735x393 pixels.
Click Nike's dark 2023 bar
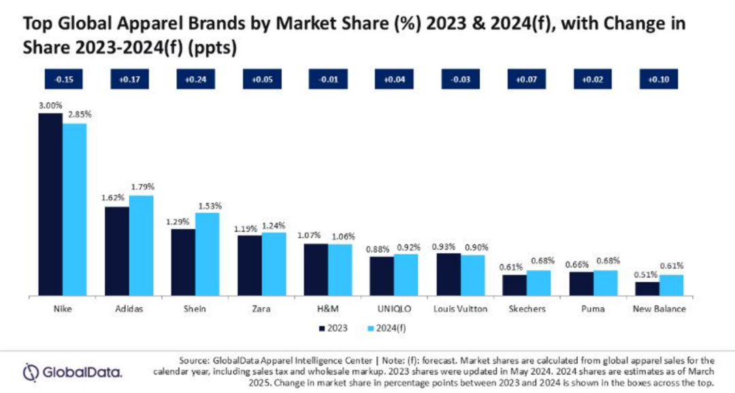[50, 204]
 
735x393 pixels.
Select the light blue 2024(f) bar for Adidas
[142, 245]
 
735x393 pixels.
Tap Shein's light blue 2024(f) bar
[208, 254]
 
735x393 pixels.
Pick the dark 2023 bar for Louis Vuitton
[448, 274]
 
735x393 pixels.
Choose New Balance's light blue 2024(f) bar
[671, 285]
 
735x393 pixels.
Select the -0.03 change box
[461, 79]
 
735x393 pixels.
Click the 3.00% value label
[50, 106]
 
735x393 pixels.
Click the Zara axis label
[261, 309]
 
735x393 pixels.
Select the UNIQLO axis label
[394, 309]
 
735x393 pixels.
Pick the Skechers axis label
[527, 309]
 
